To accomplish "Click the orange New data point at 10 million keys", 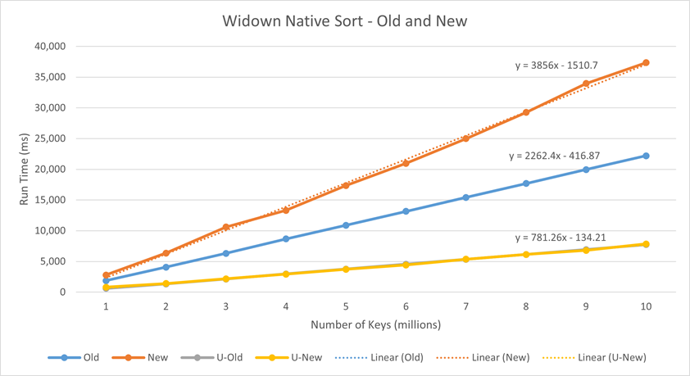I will pyautogui.click(x=646, y=62).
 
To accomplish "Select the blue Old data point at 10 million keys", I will pyautogui.click(x=646, y=156).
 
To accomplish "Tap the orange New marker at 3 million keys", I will pyautogui.click(x=226, y=227).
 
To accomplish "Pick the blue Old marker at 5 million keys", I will pyautogui.click(x=346, y=224).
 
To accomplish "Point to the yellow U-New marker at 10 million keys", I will pyautogui.click(x=646, y=244).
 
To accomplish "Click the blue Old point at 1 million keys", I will pyautogui.click(x=106, y=280).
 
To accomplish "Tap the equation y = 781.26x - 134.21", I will pyautogui.click(x=561, y=238).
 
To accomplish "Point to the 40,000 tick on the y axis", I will pyautogui.click(x=52, y=47).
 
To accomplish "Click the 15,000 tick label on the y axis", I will pyautogui.click(x=52, y=200).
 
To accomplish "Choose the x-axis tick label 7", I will pyautogui.click(x=465, y=306).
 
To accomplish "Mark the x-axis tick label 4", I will pyautogui.click(x=286, y=306).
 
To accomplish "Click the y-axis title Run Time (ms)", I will pyautogui.click(x=25, y=169).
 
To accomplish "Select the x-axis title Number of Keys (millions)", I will pyautogui.click(x=375, y=324).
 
